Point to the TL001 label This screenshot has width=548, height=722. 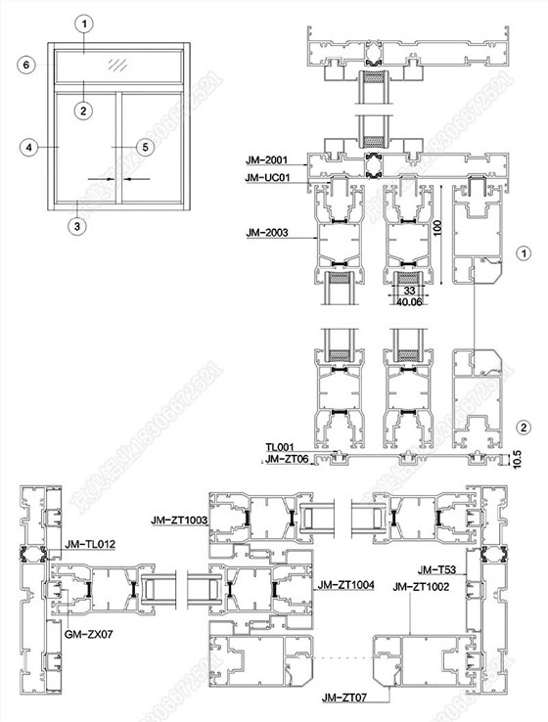click(x=280, y=447)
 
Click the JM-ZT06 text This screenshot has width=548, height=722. click(x=285, y=459)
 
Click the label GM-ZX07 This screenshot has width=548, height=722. click(x=87, y=634)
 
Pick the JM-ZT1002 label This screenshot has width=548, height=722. click(x=422, y=586)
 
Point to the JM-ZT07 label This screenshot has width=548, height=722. click(x=343, y=699)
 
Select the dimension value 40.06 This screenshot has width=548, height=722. click(x=408, y=301)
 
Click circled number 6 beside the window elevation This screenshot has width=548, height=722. click(x=27, y=64)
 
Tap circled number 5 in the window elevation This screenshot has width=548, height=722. click(x=145, y=147)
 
